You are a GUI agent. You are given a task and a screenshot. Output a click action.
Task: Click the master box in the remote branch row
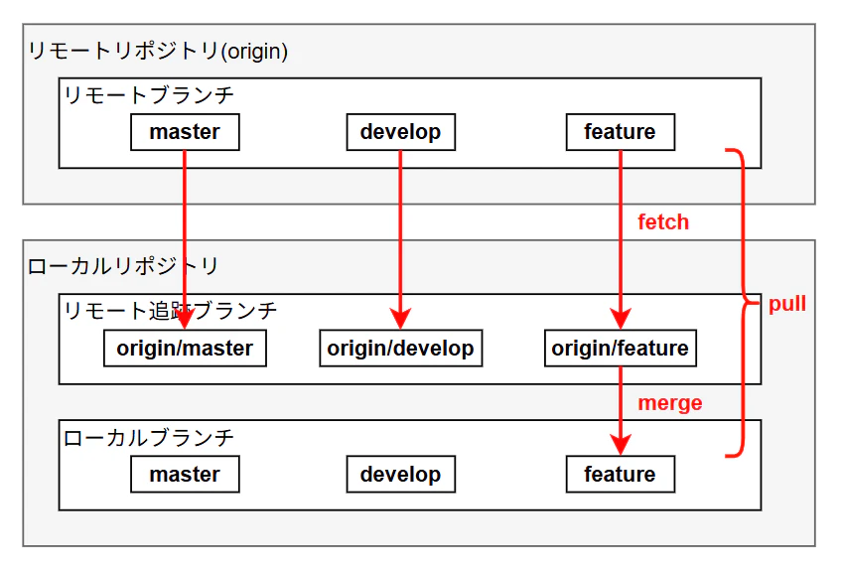pyautogui.click(x=185, y=132)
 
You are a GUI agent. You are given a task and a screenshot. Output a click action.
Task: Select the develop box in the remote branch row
pyautogui.click(x=400, y=132)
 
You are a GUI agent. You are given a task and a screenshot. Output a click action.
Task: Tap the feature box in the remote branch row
pyautogui.click(x=621, y=132)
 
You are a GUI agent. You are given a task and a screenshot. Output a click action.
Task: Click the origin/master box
pyautogui.click(x=185, y=349)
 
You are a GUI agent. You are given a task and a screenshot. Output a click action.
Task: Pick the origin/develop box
pyautogui.click(x=400, y=349)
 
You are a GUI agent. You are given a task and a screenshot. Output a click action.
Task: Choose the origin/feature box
pyautogui.click(x=621, y=349)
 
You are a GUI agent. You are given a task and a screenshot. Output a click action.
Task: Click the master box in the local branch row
pyautogui.click(x=185, y=474)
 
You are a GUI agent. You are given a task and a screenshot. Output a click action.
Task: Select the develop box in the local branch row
pyautogui.click(x=400, y=474)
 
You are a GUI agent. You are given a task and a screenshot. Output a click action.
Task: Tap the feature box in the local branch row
pyautogui.click(x=621, y=474)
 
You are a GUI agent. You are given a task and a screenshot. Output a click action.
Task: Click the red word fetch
pyautogui.click(x=663, y=222)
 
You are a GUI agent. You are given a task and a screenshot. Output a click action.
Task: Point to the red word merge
pyautogui.click(x=670, y=403)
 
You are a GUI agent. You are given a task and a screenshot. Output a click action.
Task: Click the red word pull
pyautogui.click(x=787, y=304)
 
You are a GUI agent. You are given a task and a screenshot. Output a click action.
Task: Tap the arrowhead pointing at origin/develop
pyautogui.click(x=400, y=318)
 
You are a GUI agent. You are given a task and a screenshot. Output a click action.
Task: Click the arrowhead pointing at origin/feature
pyautogui.click(x=621, y=318)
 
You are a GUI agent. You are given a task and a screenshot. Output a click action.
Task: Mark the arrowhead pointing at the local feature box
pyautogui.click(x=621, y=445)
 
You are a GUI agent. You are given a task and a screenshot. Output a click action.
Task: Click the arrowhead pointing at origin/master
pyautogui.click(x=185, y=318)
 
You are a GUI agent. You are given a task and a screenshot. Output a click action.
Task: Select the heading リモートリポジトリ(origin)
pyautogui.click(x=158, y=52)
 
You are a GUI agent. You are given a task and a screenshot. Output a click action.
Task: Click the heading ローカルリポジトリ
pyautogui.click(x=122, y=266)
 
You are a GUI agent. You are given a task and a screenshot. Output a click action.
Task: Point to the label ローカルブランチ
pyautogui.click(x=149, y=438)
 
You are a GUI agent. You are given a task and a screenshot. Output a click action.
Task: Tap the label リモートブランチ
pyautogui.click(x=149, y=95)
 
